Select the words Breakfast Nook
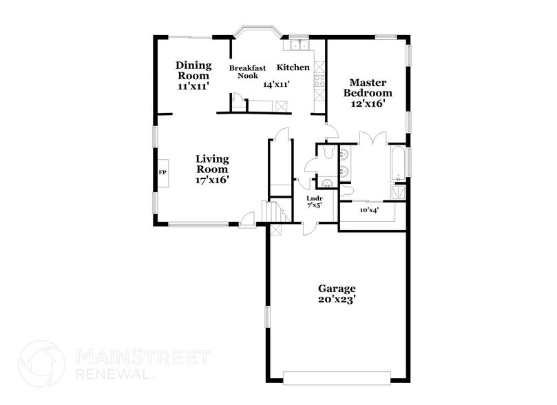[x=247, y=72]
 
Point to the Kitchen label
[x=293, y=67]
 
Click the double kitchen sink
[x=299, y=45]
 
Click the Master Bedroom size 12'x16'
[x=368, y=103]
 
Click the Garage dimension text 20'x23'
[x=336, y=300]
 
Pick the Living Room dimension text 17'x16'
[x=211, y=179]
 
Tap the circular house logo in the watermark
[x=41, y=364]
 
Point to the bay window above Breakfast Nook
[x=257, y=32]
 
